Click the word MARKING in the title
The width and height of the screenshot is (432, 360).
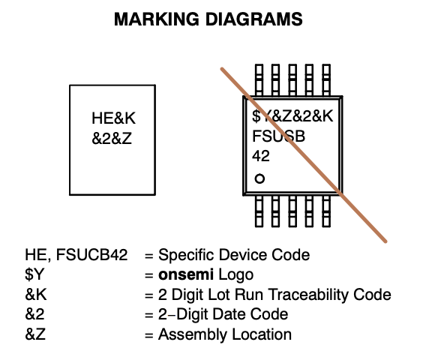click(x=157, y=19)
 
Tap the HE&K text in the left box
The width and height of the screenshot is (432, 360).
click(x=113, y=118)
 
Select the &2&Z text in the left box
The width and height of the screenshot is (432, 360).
click(x=112, y=138)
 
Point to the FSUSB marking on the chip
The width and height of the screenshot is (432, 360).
click(x=278, y=136)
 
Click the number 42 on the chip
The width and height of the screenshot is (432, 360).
click(x=261, y=156)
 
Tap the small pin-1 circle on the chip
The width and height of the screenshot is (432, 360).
click(x=259, y=178)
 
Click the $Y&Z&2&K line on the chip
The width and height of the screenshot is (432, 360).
click(x=292, y=116)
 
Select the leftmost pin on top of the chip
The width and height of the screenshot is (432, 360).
click(x=259, y=80)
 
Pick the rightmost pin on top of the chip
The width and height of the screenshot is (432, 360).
click(x=326, y=80)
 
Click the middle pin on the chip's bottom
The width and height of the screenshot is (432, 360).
click(x=292, y=211)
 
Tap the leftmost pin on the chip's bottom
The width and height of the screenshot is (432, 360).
click(x=259, y=211)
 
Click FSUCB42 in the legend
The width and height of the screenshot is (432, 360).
click(x=91, y=255)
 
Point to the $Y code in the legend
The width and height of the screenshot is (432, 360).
click(x=34, y=274)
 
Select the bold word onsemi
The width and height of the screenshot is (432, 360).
click(x=186, y=274)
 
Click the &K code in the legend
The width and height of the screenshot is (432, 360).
click(x=36, y=295)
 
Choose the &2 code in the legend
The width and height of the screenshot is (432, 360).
click(x=34, y=314)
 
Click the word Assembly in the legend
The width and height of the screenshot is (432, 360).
click(x=193, y=335)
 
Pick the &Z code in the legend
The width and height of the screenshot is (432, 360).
click(x=35, y=334)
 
